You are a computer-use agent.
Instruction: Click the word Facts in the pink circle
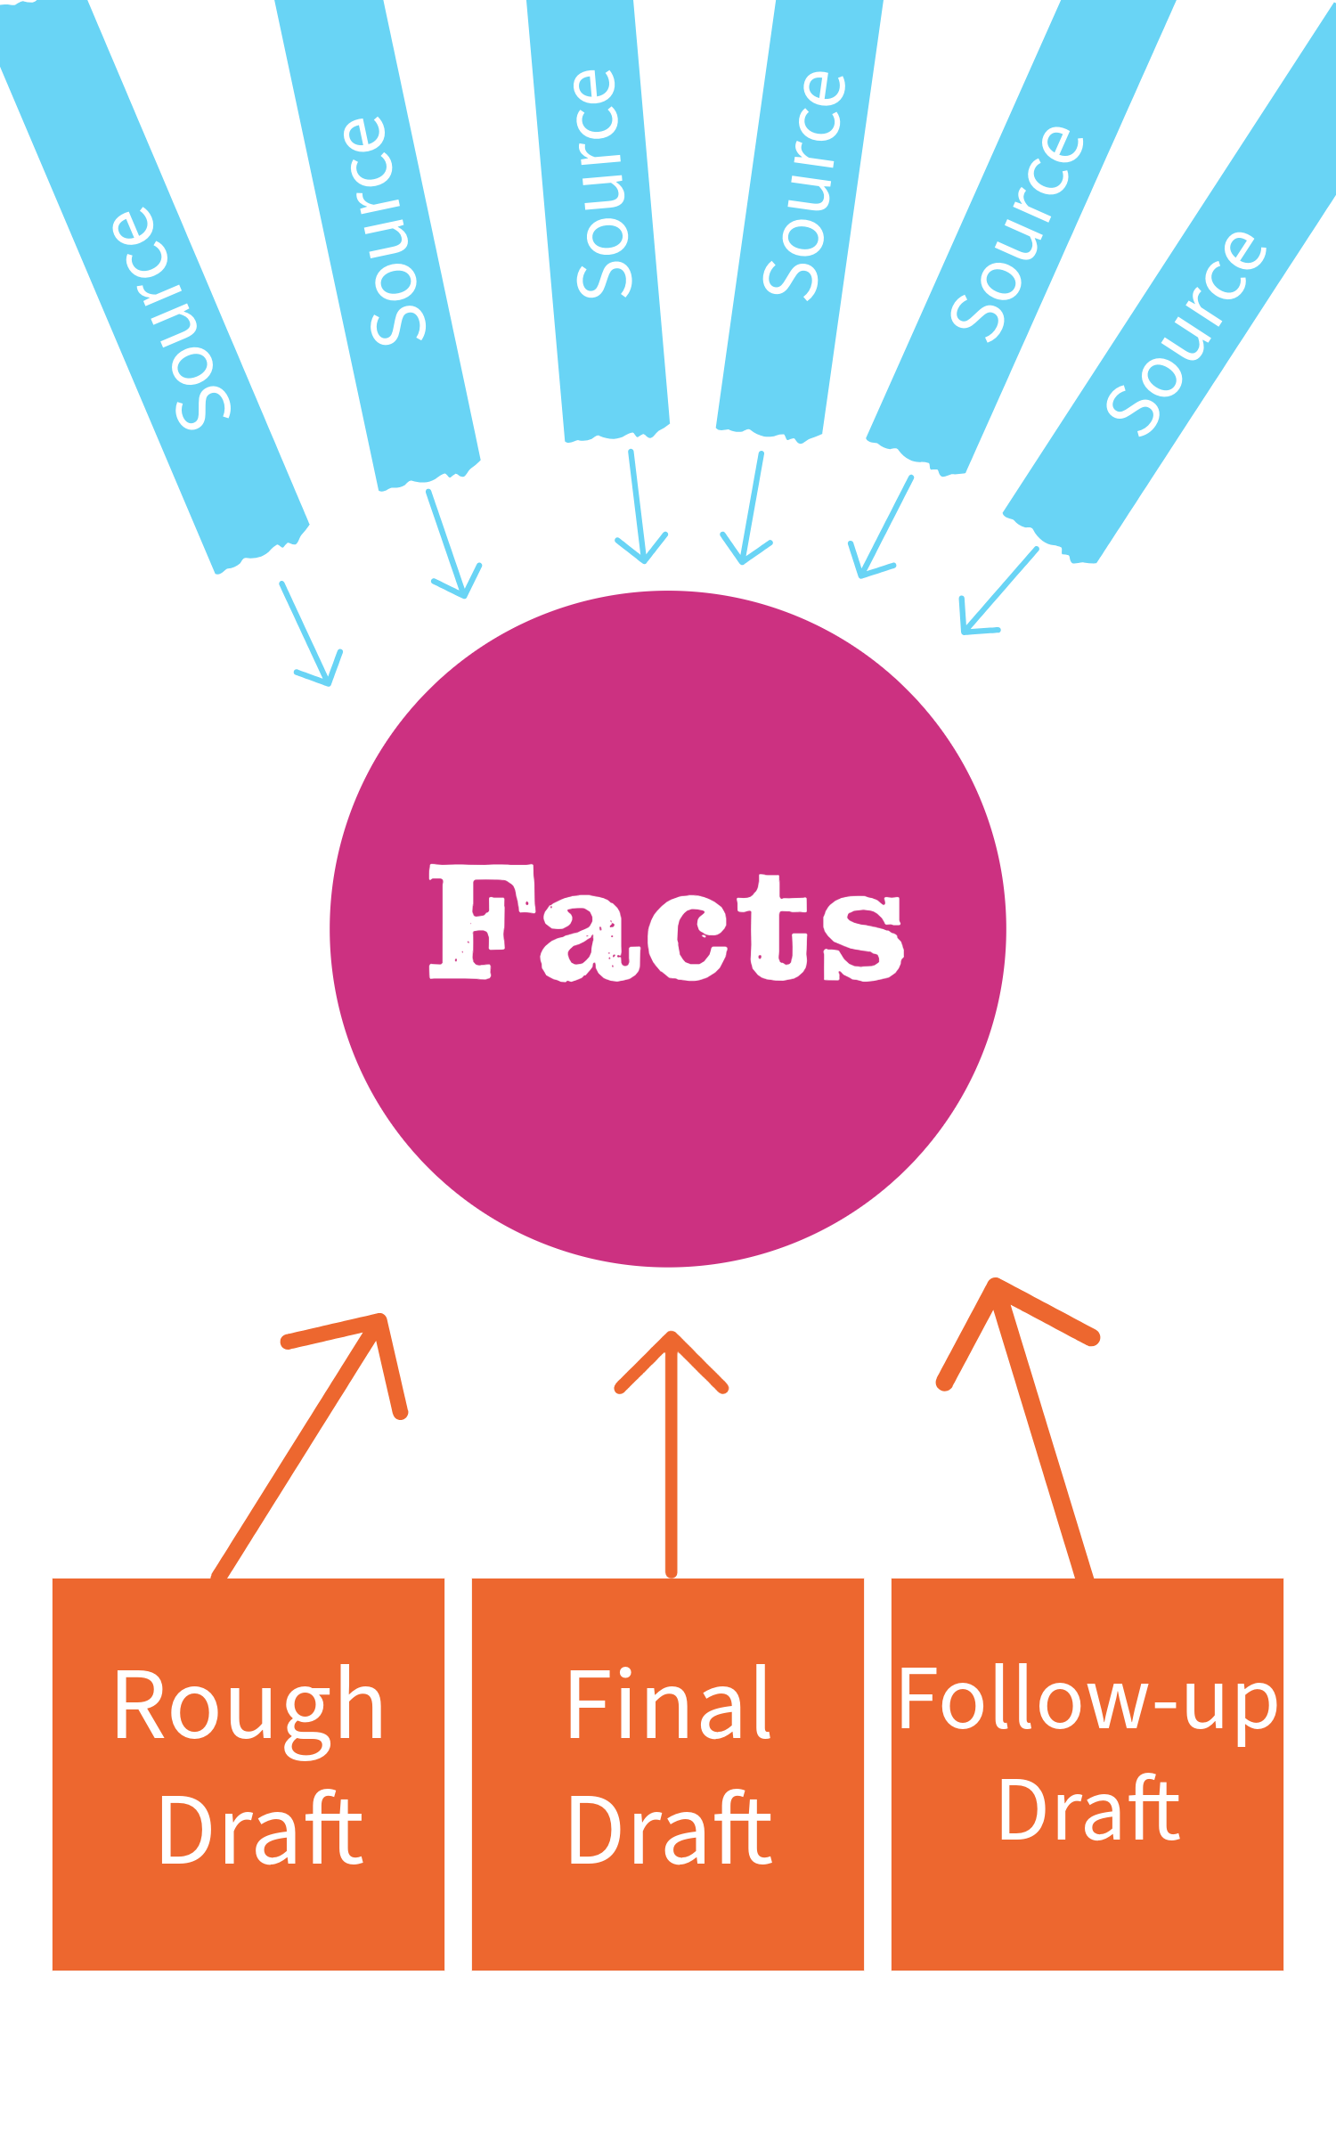(x=666, y=925)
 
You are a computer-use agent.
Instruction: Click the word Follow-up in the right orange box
(x=1088, y=1700)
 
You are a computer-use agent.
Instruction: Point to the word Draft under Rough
(x=260, y=1831)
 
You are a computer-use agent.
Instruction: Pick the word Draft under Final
(x=670, y=1831)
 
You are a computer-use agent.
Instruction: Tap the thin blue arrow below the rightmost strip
(x=998, y=592)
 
